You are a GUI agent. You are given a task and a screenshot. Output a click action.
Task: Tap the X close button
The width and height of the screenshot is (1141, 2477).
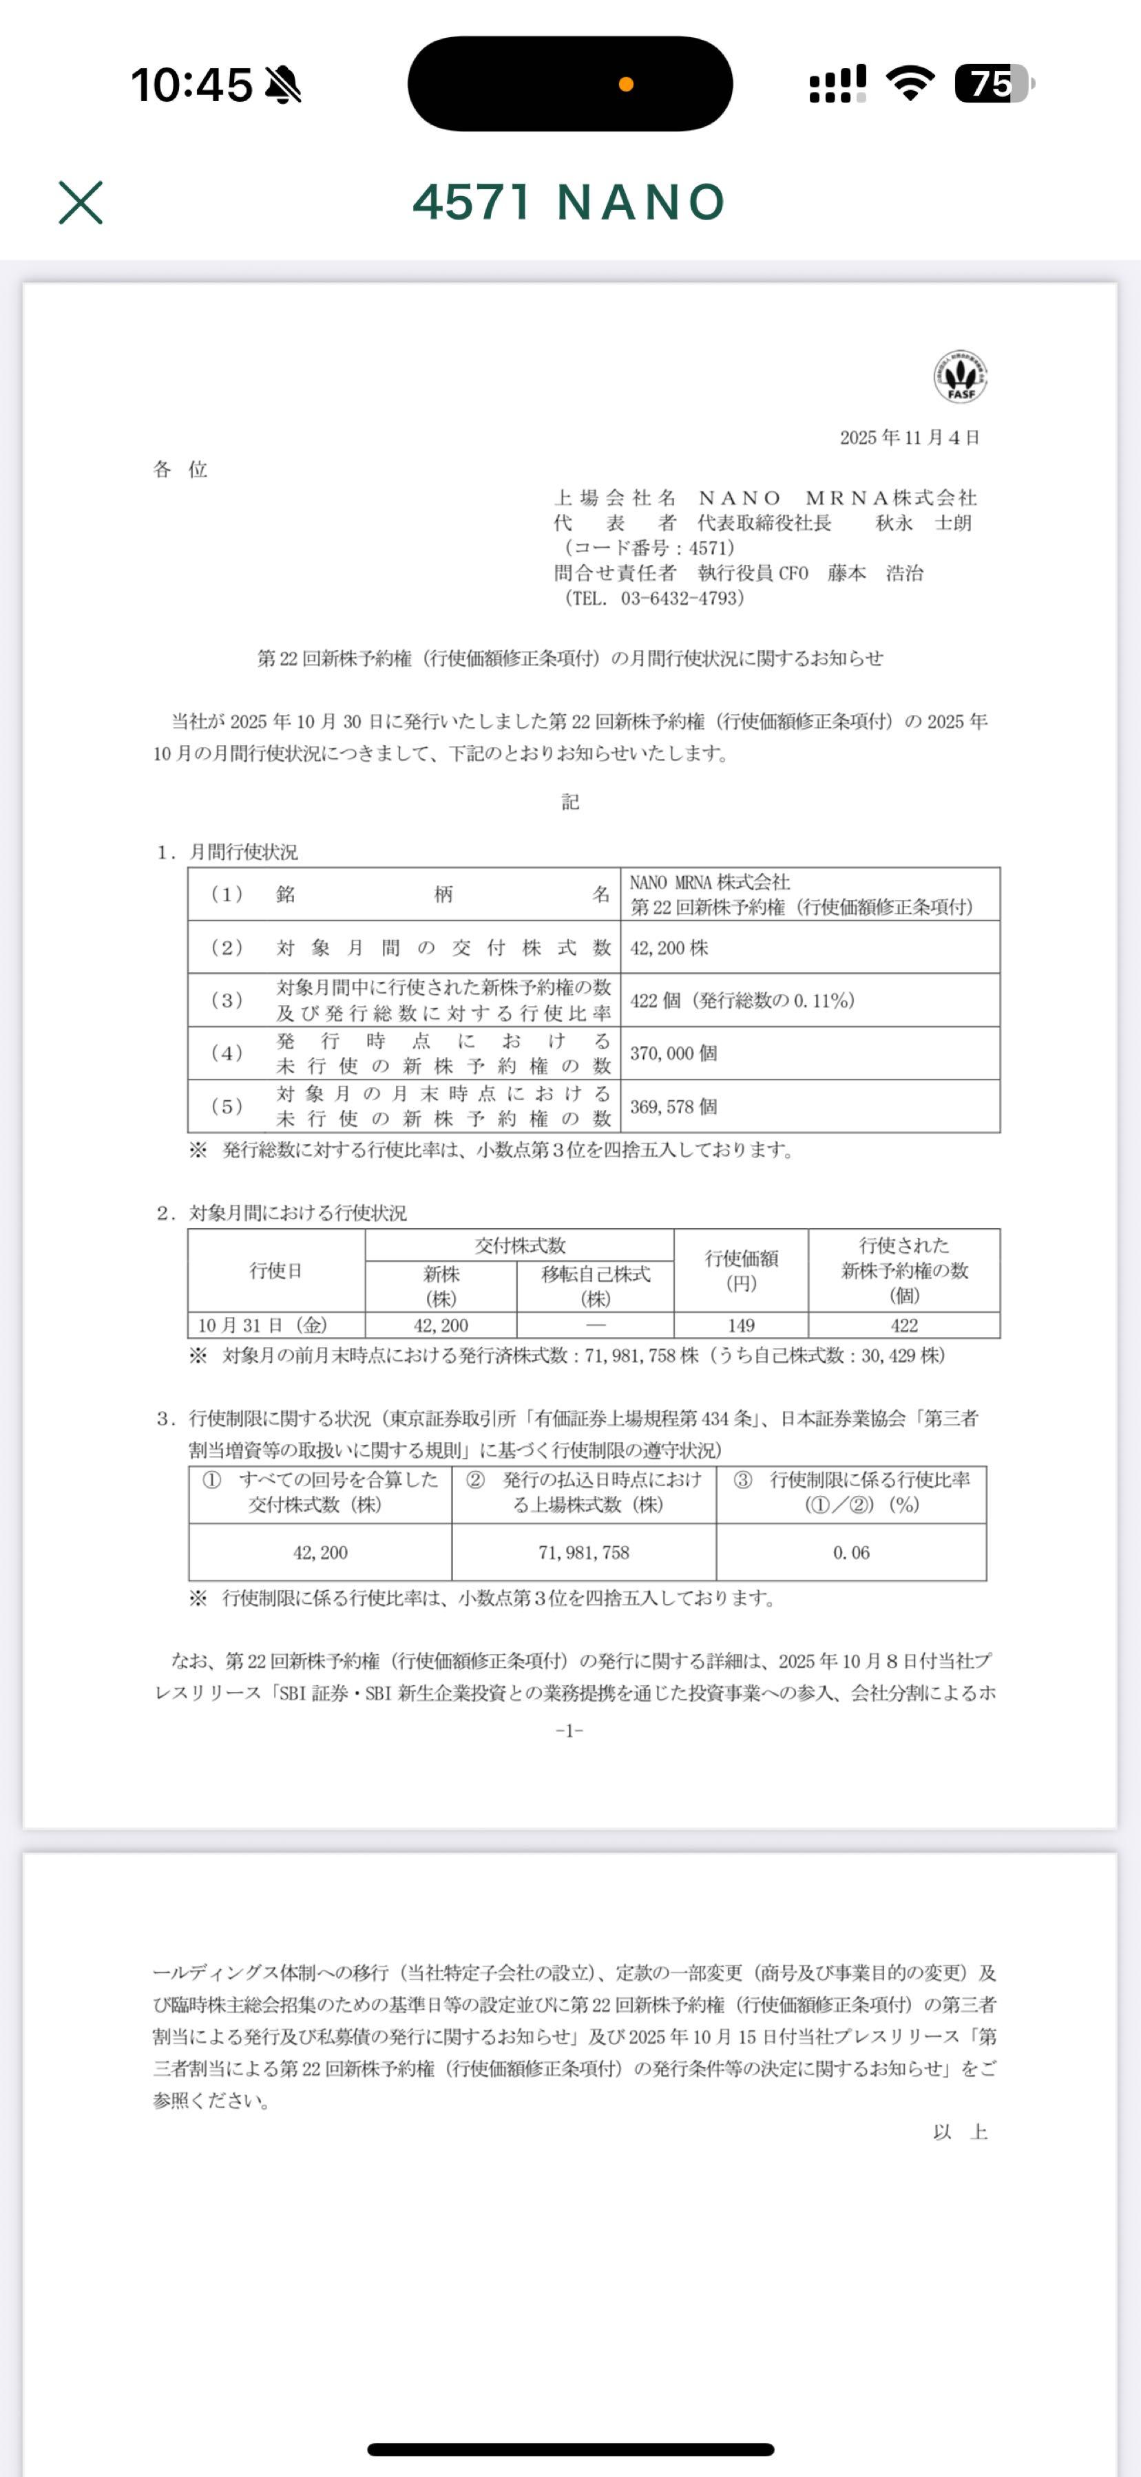81,203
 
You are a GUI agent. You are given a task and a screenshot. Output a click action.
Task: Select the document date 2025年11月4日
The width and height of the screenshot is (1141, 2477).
909,438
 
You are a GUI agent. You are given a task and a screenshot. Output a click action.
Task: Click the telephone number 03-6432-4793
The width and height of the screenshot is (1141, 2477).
682,598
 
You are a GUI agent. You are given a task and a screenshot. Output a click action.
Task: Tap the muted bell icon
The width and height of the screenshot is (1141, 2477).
283,85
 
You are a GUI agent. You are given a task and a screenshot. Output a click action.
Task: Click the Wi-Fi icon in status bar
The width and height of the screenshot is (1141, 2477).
910,84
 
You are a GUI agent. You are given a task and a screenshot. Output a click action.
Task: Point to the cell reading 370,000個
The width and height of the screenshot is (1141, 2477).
673,1053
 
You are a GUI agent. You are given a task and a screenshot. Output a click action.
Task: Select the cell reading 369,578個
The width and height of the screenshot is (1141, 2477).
673,1107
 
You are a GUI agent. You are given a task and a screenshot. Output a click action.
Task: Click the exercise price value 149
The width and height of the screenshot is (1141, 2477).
741,1325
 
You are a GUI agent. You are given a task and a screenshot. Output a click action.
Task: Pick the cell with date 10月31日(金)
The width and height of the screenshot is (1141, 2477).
262,1325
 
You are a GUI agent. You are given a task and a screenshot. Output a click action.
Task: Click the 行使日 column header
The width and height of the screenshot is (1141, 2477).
276,1270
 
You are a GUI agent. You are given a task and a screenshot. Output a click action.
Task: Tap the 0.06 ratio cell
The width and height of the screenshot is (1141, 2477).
850,1552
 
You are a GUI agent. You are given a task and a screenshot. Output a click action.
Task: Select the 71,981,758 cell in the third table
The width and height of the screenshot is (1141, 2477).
584,1552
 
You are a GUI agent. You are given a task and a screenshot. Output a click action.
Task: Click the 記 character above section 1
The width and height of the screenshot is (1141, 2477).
570,802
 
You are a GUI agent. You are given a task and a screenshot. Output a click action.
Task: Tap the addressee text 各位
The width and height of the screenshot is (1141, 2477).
181,469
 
